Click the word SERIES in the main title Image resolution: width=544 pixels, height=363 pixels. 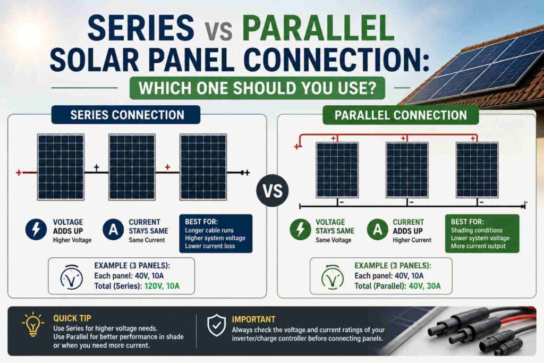pos(140,28)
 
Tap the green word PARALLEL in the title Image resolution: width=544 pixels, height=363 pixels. pos(319,28)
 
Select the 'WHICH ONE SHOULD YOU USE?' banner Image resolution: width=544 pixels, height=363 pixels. pos(257,88)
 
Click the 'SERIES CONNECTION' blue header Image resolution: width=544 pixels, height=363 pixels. pos(126,115)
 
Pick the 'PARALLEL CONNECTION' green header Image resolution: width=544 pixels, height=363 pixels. pos(401,115)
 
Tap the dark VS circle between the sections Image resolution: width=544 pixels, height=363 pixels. pos(273,190)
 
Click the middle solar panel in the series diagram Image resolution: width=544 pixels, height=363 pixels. pos(132,167)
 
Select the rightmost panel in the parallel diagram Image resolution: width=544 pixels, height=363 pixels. pos(477,170)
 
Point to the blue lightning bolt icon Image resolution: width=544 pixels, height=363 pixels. pos(36,230)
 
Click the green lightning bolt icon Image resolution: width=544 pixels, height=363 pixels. pos(301,230)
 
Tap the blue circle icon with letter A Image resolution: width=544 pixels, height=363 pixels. pos(113,230)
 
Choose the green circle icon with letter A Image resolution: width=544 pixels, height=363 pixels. pos(378,230)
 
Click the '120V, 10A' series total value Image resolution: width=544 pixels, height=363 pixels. pos(161,286)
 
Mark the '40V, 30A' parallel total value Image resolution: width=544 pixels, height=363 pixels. pos(424,286)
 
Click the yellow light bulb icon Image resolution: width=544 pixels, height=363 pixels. pos(33,324)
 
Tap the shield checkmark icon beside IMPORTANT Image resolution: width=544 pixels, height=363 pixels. pos(217,325)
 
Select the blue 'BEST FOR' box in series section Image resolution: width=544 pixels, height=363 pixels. pos(216,233)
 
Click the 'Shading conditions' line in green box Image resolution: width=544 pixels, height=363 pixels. pos(477,231)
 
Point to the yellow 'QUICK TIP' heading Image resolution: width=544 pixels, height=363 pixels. pos(72,318)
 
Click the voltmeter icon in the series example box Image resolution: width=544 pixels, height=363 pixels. pos(72,277)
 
